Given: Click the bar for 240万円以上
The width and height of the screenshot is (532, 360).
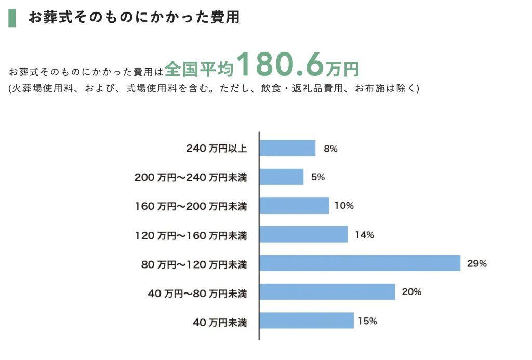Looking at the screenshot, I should pyautogui.click(x=287, y=149).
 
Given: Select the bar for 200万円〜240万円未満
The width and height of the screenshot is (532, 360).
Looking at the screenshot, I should pyautogui.click(x=281, y=177).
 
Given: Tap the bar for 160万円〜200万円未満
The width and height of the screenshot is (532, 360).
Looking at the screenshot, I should pyautogui.click(x=294, y=206).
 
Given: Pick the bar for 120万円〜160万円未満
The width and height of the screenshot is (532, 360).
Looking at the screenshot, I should pyautogui.click(x=303, y=234).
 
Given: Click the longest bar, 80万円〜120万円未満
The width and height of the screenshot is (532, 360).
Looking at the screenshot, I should pyautogui.click(x=360, y=263).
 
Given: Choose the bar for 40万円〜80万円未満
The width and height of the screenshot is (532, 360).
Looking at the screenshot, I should pyautogui.click(x=327, y=292).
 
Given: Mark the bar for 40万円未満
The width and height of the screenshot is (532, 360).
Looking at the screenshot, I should pyautogui.click(x=307, y=321).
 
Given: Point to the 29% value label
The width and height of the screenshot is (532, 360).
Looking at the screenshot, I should pyautogui.click(x=477, y=263).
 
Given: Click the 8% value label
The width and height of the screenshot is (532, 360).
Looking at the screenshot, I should pyautogui.click(x=330, y=149).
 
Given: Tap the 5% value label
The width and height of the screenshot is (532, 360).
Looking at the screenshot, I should pyautogui.click(x=318, y=177).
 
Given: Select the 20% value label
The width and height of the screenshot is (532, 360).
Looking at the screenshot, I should pyautogui.click(x=411, y=292).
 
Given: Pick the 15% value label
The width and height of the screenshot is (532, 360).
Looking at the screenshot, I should pyautogui.click(x=367, y=321).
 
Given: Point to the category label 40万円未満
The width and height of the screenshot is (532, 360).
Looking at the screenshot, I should pyautogui.click(x=220, y=323).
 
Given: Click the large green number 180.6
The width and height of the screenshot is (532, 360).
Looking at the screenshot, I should pyautogui.click(x=281, y=64).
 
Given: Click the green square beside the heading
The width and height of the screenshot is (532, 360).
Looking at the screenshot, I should pyautogui.click(x=12, y=17).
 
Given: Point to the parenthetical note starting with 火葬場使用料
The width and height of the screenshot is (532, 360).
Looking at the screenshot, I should pyautogui.click(x=213, y=88).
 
